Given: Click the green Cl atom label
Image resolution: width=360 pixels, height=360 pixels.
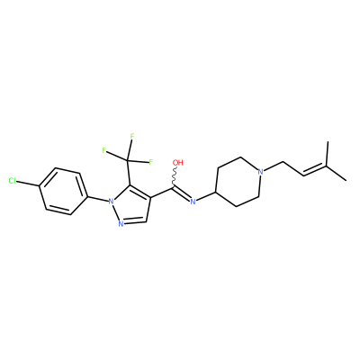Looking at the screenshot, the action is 13,181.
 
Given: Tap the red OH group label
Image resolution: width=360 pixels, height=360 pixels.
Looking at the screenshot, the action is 178,163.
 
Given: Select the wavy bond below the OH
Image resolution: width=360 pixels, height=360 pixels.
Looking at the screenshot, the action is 175,177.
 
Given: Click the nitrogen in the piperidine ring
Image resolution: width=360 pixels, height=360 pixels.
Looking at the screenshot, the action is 261,172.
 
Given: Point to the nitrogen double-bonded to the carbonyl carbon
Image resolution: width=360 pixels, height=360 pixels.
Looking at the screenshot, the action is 193,202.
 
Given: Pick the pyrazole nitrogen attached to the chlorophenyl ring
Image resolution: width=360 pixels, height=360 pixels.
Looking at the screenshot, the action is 111,202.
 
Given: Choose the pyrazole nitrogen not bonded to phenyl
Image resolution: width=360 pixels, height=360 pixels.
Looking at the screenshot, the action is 121,223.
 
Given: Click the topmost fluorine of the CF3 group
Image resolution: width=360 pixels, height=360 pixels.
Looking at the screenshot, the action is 131,136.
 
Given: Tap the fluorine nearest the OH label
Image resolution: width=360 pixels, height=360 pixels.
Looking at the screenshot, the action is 151,163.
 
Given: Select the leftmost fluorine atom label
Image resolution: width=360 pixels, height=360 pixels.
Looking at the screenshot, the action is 103,150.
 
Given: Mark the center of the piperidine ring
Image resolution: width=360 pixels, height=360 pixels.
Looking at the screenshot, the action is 238,181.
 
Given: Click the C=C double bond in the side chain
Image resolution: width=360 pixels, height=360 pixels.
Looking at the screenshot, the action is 316,170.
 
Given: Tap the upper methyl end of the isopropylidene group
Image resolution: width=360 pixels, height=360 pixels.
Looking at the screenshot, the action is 328,142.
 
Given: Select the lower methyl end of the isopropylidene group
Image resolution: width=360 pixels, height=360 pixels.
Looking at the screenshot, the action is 346,180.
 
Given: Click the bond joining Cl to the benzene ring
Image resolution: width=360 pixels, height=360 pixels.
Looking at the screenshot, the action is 29,184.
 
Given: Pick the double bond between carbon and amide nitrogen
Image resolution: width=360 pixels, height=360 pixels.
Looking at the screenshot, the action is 182,193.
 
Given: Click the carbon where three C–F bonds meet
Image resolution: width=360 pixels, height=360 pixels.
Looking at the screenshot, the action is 127,160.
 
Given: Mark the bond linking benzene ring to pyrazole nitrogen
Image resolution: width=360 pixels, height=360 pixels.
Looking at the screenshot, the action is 97,199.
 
